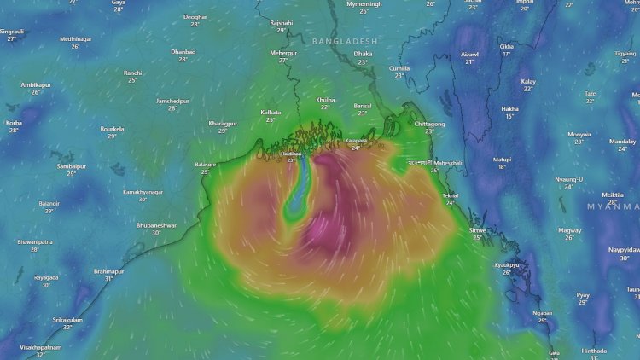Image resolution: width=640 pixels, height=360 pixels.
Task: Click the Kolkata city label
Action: [x=271, y=112]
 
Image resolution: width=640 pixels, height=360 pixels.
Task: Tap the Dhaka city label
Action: [x=364, y=54]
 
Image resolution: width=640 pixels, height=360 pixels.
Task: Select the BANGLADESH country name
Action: [x=344, y=40]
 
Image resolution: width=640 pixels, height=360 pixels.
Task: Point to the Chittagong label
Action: [x=429, y=124]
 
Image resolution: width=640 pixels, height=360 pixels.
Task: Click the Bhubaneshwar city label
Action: [x=156, y=225]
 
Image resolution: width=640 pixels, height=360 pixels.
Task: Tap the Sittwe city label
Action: [x=476, y=229]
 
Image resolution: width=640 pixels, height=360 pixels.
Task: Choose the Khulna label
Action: [x=325, y=100]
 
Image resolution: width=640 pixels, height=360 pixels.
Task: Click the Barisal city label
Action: [x=362, y=105]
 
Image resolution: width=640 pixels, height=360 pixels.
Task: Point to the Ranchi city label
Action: [x=132, y=73]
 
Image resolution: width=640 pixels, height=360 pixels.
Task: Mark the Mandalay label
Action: [x=623, y=141]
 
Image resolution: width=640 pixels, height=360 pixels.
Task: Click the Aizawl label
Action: [x=469, y=54]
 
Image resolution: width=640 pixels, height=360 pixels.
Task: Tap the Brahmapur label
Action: [x=108, y=271]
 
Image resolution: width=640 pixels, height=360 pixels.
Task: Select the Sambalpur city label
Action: [x=72, y=166]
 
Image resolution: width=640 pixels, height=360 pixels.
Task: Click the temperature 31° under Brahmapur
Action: [x=108, y=279]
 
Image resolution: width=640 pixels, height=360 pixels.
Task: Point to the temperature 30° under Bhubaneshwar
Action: [x=156, y=233]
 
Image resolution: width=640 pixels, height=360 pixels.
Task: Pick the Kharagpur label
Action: [x=222, y=123]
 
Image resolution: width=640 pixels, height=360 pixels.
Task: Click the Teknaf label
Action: [x=450, y=195]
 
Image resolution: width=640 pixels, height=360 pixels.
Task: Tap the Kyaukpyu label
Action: [x=507, y=265]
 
